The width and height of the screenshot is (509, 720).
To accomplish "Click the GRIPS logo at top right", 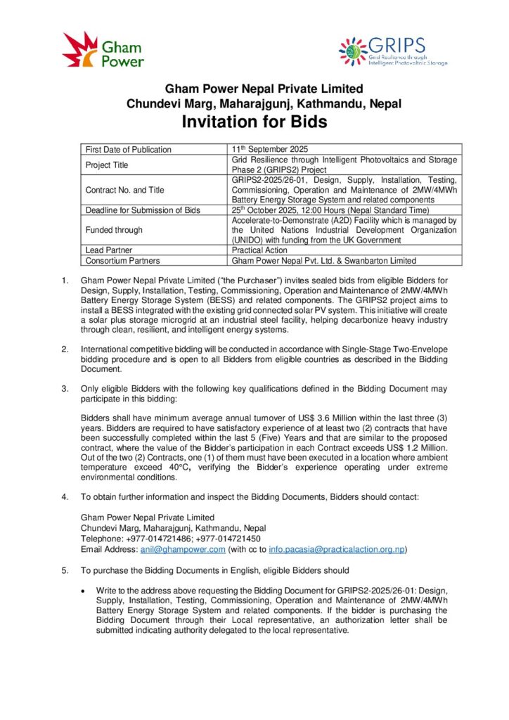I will coord(392,51).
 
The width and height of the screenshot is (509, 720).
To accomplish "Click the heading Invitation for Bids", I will coord(254,122).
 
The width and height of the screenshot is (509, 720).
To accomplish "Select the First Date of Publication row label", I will coord(129,150).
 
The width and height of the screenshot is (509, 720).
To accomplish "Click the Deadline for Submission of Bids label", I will coord(143,210).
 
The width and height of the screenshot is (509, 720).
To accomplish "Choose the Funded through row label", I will coord(114,230).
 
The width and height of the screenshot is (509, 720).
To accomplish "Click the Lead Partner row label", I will coord(109,250).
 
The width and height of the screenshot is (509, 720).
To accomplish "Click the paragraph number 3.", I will coord(65,388).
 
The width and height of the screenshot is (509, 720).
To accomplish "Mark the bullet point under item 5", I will coord(85,589).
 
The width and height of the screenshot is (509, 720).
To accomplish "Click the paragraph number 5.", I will coord(65,570).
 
